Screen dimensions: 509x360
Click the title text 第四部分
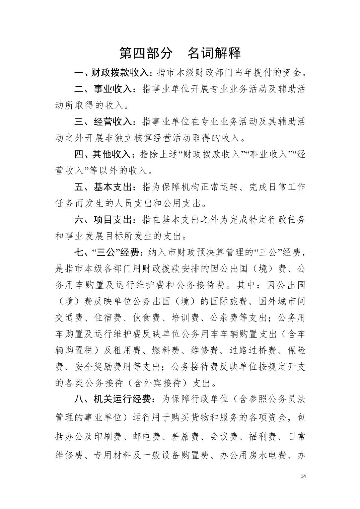[x=146, y=53]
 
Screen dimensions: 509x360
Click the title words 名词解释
[x=214, y=53]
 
